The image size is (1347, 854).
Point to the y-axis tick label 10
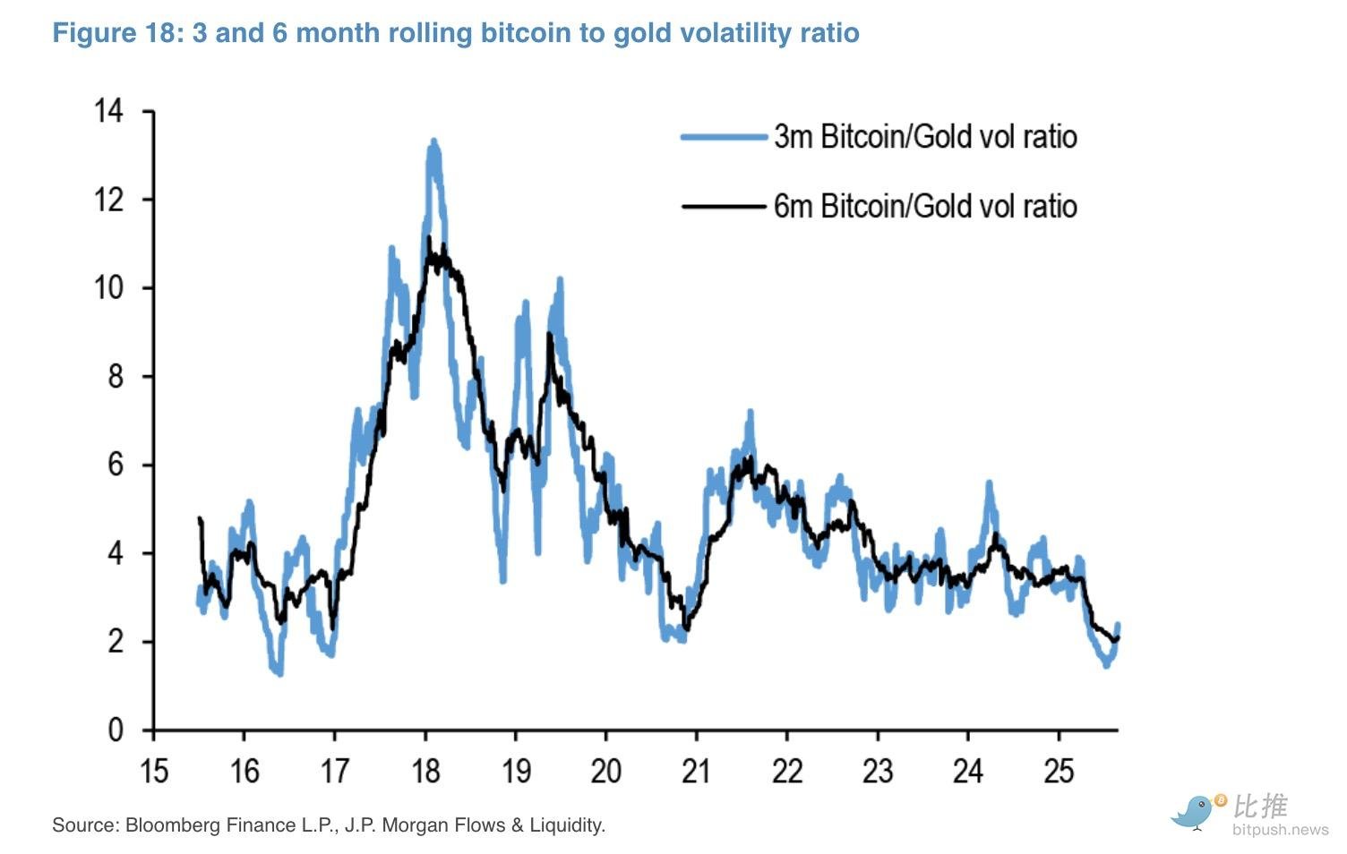tap(108, 288)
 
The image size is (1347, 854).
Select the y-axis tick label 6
tap(116, 465)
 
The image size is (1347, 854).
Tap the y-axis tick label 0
tap(116, 730)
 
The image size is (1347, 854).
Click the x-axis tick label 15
tap(154, 771)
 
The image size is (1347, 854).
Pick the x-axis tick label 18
tap(425, 771)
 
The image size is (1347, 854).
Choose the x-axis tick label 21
tap(696, 771)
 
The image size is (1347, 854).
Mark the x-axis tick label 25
tap(1059, 771)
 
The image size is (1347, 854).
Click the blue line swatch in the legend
tap(724, 137)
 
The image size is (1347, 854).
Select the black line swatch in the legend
tap(724, 207)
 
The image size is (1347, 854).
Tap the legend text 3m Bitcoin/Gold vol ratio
tap(925, 137)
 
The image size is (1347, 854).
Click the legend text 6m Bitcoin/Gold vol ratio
tap(925, 207)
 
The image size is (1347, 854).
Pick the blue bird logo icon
tap(1196, 811)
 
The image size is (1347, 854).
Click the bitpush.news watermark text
tap(1280, 830)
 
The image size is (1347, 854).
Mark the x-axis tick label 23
tap(878, 771)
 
